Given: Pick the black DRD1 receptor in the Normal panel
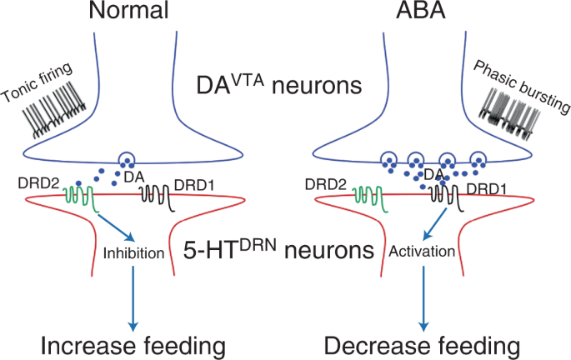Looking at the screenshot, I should pyautogui.click(x=154, y=194).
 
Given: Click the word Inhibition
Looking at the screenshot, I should pyautogui.click(x=133, y=252).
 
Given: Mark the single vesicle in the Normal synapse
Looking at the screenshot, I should pyautogui.click(x=126, y=159).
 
